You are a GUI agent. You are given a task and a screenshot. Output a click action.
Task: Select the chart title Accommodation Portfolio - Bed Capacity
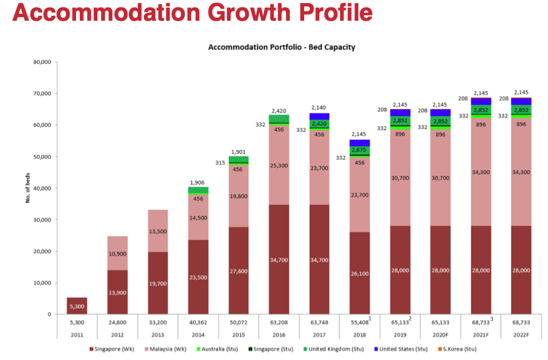281,47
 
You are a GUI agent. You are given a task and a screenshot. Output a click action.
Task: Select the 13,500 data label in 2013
157,231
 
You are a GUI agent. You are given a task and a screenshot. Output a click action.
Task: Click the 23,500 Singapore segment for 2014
197,276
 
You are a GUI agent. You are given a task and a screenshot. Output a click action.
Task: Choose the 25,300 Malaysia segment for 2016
278,183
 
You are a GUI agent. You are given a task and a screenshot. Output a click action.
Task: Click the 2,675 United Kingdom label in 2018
359,150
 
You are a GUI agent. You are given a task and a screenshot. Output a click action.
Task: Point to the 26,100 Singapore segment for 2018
359,273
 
